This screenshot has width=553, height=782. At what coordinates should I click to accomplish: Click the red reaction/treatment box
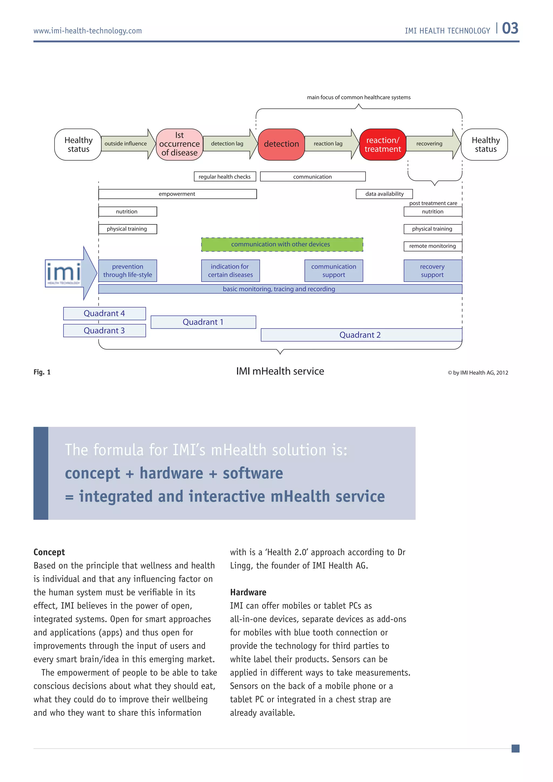point(382,144)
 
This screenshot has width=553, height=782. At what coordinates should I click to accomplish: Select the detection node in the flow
point(281,144)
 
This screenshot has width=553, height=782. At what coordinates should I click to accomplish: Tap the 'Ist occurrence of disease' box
point(180,144)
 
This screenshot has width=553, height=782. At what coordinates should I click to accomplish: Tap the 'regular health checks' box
point(225,176)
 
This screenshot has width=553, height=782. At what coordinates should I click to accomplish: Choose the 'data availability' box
point(384,194)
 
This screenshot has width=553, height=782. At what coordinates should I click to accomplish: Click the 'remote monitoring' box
point(433,246)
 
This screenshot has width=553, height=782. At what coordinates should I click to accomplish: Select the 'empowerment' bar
point(177,194)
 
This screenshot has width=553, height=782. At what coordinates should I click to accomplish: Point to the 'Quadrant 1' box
point(203,322)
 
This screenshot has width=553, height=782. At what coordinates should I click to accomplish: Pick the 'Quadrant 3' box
point(104,330)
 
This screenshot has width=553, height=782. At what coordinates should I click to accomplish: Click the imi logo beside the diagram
point(64,273)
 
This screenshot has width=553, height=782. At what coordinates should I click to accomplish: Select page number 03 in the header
point(510,29)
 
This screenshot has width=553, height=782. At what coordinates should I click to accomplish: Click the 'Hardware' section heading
point(248,592)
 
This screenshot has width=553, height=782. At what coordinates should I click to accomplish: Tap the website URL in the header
point(87,31)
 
